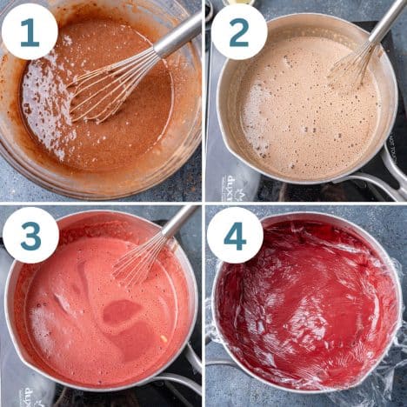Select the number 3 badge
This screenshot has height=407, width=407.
[x=30, y=235]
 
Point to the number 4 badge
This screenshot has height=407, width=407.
[x=235, y=235]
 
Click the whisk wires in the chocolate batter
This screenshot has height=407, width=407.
[x=104, y=88]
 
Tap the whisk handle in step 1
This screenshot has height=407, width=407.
[x=177, y=37]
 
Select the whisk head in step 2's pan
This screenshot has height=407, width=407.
[x=352, y=64]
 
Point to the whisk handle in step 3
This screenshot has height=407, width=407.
[x=179, y=221]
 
